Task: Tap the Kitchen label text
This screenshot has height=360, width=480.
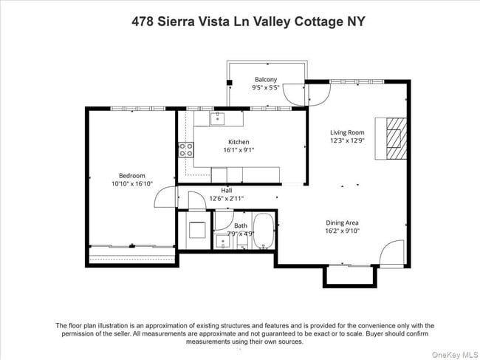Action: (239, 142)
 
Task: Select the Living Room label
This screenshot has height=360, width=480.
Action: (347, 133)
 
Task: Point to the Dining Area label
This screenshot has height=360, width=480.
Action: (343, 222)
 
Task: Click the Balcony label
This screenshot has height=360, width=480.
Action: (266, 79)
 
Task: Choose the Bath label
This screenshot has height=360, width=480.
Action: (241, 226)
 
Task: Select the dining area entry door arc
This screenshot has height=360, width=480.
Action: (391, 253)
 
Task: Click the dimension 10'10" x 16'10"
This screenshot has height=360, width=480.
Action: (132, 183)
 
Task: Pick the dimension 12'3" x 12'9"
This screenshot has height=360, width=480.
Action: (347, 140)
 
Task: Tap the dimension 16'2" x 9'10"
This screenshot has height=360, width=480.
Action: (343, 230)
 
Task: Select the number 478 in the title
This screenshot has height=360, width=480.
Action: (143, 21)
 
